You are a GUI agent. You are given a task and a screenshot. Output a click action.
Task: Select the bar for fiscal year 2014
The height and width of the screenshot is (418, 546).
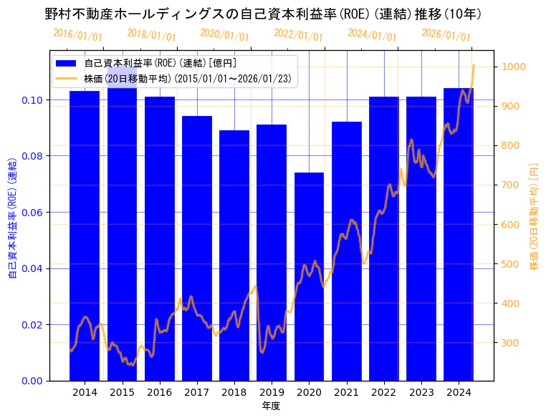pyautogui.click(x=85, y=235)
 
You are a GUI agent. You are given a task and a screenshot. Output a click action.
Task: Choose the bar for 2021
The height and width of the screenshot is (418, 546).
pyautogui.click(x=347, y=251)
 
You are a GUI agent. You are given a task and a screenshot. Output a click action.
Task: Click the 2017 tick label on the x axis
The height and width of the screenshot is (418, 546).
pyautogui.click(x=196, y=392)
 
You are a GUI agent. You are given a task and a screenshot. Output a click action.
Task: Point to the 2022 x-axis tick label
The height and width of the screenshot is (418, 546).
pyautogui.click(x=383, y=392)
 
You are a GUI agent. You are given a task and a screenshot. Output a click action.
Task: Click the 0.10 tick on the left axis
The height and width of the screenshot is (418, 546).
pyautogui.click(x=32, y=99)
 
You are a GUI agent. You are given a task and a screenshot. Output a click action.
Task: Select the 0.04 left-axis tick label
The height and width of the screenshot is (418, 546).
pyautogui.click(x=32, y=268)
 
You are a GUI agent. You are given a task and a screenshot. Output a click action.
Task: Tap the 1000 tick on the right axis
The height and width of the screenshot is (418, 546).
pyautogui.click(x=516, y=67)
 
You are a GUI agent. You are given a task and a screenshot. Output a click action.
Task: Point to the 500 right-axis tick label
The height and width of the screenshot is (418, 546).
pyautogui.click(x=513, y=264)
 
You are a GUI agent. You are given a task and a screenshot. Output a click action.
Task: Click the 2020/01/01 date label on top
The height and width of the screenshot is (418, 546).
pyautogui.click(x=225, y=35)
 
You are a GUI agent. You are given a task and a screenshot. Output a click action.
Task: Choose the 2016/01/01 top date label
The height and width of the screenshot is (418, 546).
pyautogui.click(x=77, y=35)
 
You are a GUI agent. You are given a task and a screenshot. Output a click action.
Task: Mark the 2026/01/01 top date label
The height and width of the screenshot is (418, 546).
pyautogui.click(x=446, y=35)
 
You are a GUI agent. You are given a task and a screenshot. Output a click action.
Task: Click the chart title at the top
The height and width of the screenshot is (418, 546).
pyautogui.click(x=264, y=14)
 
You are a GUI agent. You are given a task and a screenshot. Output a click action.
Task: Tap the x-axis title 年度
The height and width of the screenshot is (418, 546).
pyautogui.click(x=271, y=406)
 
